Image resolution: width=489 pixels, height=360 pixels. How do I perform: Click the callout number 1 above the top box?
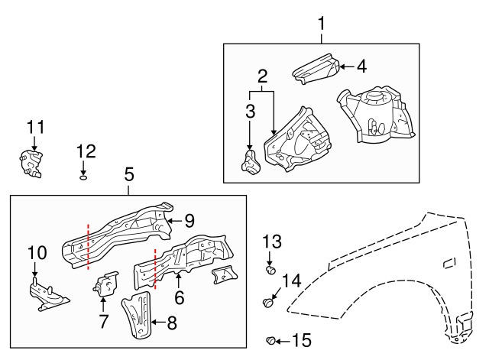[321, 24]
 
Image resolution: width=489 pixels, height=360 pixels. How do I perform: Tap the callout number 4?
[361, 66]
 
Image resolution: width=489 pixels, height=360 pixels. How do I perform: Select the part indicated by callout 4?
[316, 69]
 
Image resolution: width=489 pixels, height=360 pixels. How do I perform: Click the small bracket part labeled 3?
[250, 161]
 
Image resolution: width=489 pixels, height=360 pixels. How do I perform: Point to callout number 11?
[36, 128]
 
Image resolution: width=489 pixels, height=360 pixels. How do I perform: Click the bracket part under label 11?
[31, 164]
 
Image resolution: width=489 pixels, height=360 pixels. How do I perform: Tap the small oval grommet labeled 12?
[83, 178]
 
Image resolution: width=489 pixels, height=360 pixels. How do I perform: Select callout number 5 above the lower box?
[129, 174]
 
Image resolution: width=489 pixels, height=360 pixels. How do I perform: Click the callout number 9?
[189, 221]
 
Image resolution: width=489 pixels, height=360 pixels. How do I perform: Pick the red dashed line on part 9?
[89, 246]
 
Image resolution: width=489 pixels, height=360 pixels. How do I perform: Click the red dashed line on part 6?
[155, 269]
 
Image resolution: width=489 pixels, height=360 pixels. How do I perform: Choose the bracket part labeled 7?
[105, 284]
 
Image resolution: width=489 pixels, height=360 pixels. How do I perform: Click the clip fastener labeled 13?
[270, 270]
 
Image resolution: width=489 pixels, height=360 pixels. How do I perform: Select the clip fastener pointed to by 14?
[267, 302]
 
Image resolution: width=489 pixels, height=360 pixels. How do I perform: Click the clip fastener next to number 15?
[270, 341]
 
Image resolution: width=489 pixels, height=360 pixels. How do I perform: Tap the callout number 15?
[302, 340]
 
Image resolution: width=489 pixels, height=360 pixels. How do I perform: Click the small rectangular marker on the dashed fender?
[449, 264]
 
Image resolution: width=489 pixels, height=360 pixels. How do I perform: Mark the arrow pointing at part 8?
[158, 322]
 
